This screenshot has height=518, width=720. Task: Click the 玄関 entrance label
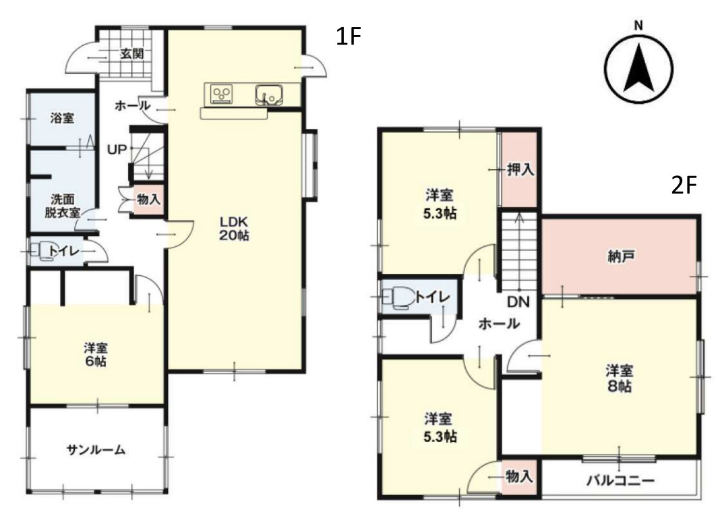click(132, 54)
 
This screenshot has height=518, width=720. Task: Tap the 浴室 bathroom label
click(62, 118)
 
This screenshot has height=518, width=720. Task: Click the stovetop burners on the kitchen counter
click(222, 94)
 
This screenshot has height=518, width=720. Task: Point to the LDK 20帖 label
click(234, 229)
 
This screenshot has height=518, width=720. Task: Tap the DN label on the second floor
click(518, 302)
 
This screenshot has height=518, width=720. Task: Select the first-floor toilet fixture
click(42, 251)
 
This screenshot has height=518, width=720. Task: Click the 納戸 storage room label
click(621, 257)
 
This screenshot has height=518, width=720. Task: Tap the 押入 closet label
click(520, 170)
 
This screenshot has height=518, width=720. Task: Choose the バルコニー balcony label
click(620, 481)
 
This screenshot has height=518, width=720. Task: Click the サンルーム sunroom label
click(96, 450)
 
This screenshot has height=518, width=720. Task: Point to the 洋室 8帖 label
click(620, 378)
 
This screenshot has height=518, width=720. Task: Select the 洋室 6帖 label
click(96, 354)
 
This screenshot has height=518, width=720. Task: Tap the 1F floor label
click(349, 36)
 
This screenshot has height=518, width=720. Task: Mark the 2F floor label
click(684, 186)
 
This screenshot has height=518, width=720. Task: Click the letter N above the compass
click(638, 26)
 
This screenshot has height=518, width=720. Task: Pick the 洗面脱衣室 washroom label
click(63, 206)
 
